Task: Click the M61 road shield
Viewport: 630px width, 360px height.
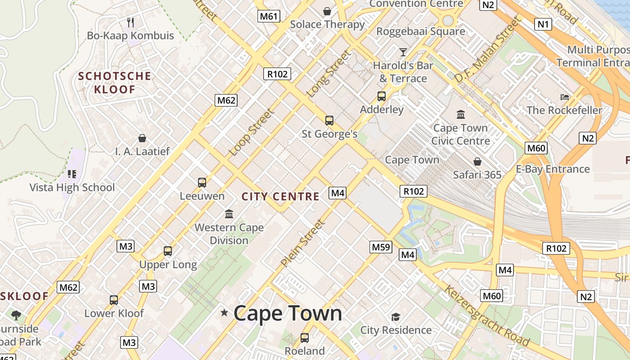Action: pos(269,17)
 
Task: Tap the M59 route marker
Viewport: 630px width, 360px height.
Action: pos(381,247)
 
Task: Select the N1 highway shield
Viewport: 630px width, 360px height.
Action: pos(543,24)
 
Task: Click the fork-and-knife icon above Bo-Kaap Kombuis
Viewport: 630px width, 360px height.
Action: pos(130,22)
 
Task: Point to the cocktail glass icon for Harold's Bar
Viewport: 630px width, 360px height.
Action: pos(403,52)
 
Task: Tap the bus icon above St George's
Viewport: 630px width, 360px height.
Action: pos(329,121)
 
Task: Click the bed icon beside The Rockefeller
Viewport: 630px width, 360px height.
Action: pos(565,97)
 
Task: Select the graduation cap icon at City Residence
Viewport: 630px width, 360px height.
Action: pos(396,317)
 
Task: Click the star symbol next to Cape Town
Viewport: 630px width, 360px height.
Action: pos(224,312)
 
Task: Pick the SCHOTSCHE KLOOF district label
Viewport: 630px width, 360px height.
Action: pos(114,82)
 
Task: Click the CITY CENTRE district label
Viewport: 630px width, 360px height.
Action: pos(280,197)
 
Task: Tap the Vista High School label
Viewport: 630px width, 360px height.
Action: pos(72,187)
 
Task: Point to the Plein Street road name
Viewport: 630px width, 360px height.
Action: pos(302,243)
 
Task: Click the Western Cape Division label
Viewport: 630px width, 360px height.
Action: pos(229,234)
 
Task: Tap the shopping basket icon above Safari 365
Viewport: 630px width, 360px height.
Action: pos(477,161)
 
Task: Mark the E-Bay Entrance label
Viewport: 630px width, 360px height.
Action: pos(553,169)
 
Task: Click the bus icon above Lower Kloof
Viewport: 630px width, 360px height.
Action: pos(114,300)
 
